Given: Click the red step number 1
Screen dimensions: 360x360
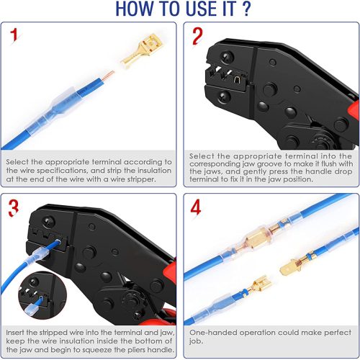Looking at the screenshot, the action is (14, 36).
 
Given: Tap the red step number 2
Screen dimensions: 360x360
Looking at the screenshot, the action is (197, 36).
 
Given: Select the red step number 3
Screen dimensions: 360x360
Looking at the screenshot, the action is (14, 208).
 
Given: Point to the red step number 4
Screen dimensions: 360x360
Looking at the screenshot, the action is (196, 207).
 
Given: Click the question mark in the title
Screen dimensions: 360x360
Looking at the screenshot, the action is (246, 9).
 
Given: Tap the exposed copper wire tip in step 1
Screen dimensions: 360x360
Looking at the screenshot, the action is (108, 75).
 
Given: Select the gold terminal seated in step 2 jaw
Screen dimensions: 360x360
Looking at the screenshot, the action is (237, 79).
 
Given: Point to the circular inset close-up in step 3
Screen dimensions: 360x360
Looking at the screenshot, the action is (42, 295).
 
